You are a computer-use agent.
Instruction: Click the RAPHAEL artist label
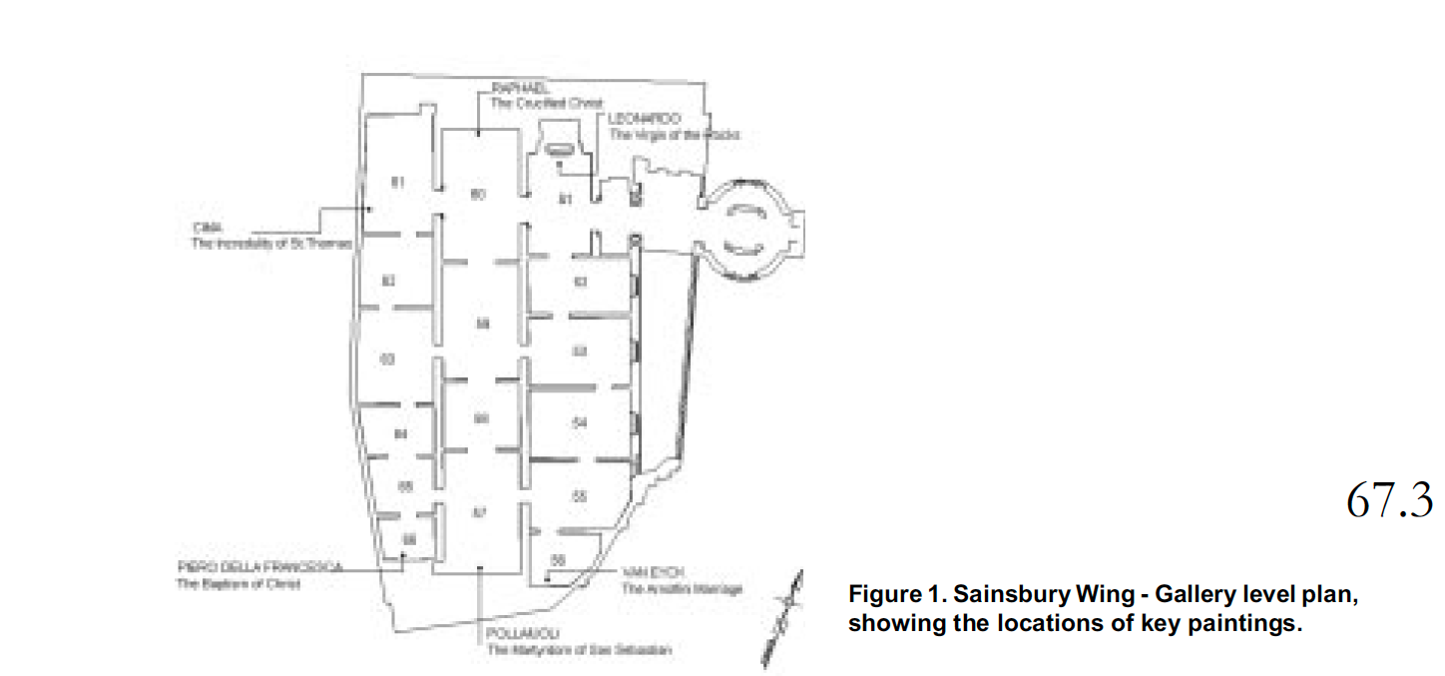[x=516, y=90]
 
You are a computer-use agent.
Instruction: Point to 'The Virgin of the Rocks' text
[x=676, y=134]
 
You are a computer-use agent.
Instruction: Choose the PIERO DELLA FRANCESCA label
[x=259, y=566]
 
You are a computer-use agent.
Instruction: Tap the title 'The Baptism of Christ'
[x=238, y=583]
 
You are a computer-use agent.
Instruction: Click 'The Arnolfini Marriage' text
[x=683, y=589]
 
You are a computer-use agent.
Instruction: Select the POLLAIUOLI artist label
[x=523, y=634]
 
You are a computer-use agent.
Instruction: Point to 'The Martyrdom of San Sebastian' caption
[x=579, y=650]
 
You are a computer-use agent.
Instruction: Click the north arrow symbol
[x=781, y=619]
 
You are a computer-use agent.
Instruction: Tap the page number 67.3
[x=1389, y=499]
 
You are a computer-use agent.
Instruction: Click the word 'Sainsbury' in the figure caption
[x=1001, y=595]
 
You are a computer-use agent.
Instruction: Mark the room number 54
[x=580, y=423]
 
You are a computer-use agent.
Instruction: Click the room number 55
[x=580, y=496]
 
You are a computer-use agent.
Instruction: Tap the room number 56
[x=558, y=560]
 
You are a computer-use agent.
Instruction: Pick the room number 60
[x=477, y=195]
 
